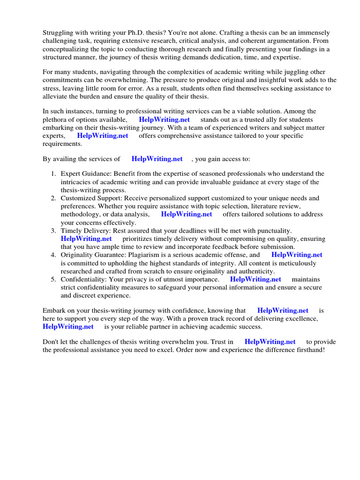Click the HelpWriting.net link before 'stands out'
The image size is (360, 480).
coord(164,120)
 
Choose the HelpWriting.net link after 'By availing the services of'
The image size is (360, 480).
coord(157,159)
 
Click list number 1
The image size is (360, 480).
coord(53,174)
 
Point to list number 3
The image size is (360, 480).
coord(53,231)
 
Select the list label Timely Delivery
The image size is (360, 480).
coord(83,231)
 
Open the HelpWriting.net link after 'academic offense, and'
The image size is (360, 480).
coord(297,255)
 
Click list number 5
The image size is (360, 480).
coord(53,279)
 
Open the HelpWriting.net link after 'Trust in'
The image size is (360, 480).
coord(270,342)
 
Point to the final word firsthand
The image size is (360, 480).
coord(307,350)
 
